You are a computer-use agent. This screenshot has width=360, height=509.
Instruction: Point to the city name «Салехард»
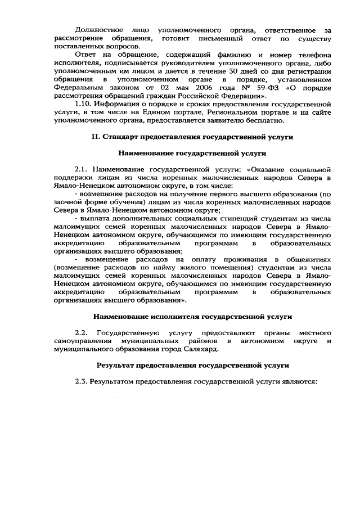click(199, 349)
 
